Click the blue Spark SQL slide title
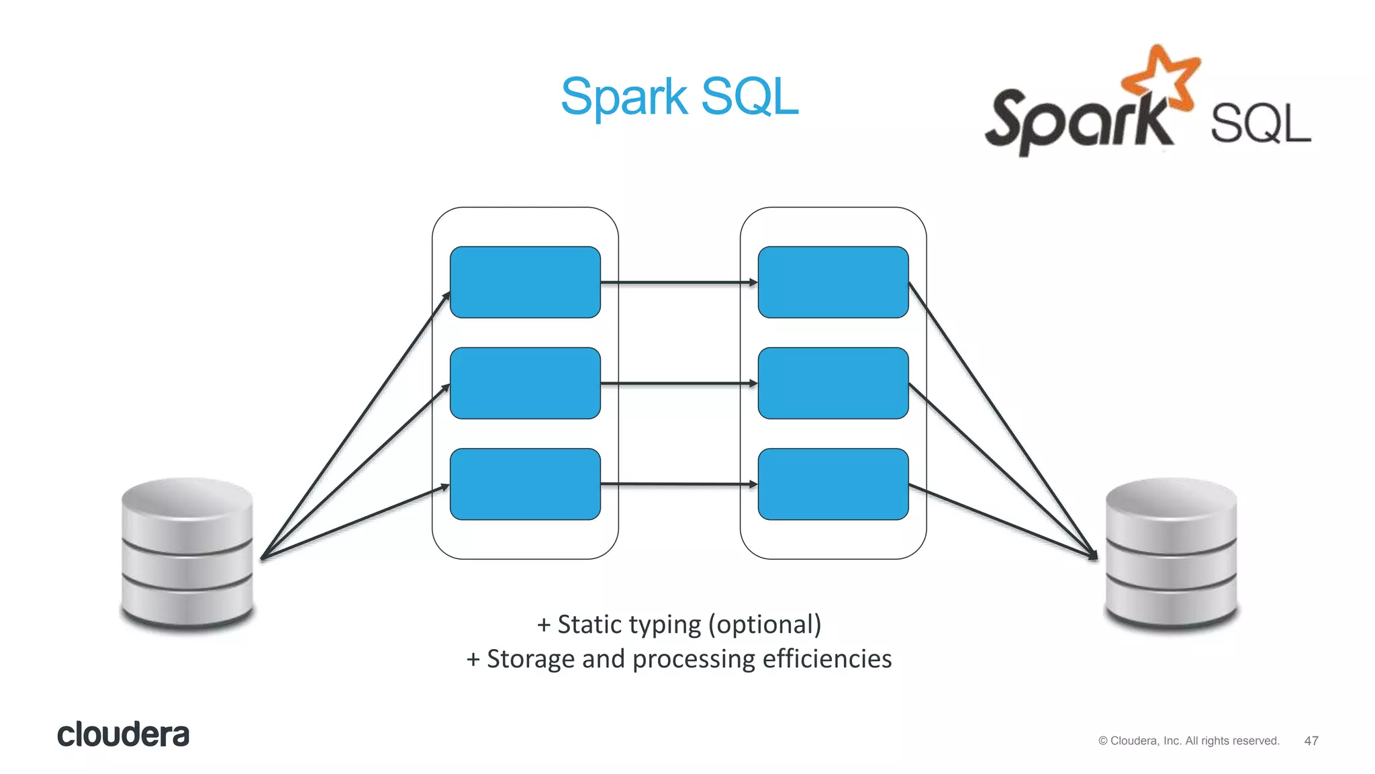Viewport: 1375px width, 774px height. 679,97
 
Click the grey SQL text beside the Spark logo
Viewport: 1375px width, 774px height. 1260,124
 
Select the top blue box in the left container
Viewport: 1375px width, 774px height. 525,282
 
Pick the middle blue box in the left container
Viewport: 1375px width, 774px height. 525,383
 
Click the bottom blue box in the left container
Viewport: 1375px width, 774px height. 525,484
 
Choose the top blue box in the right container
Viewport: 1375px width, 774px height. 833,282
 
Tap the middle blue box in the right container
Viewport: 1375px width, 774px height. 833,383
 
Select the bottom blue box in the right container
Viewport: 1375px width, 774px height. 833,484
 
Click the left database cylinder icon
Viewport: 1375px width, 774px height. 187,554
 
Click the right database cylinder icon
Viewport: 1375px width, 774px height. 1171,554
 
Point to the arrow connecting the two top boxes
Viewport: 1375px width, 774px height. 678,283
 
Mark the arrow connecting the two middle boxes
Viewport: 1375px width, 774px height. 678,384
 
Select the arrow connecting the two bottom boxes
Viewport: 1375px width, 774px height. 678,484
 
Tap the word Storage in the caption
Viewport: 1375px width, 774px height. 530,659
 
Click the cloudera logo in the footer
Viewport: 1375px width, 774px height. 123,734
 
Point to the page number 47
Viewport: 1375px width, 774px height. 1311,740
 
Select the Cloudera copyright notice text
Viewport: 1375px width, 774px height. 1188,740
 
